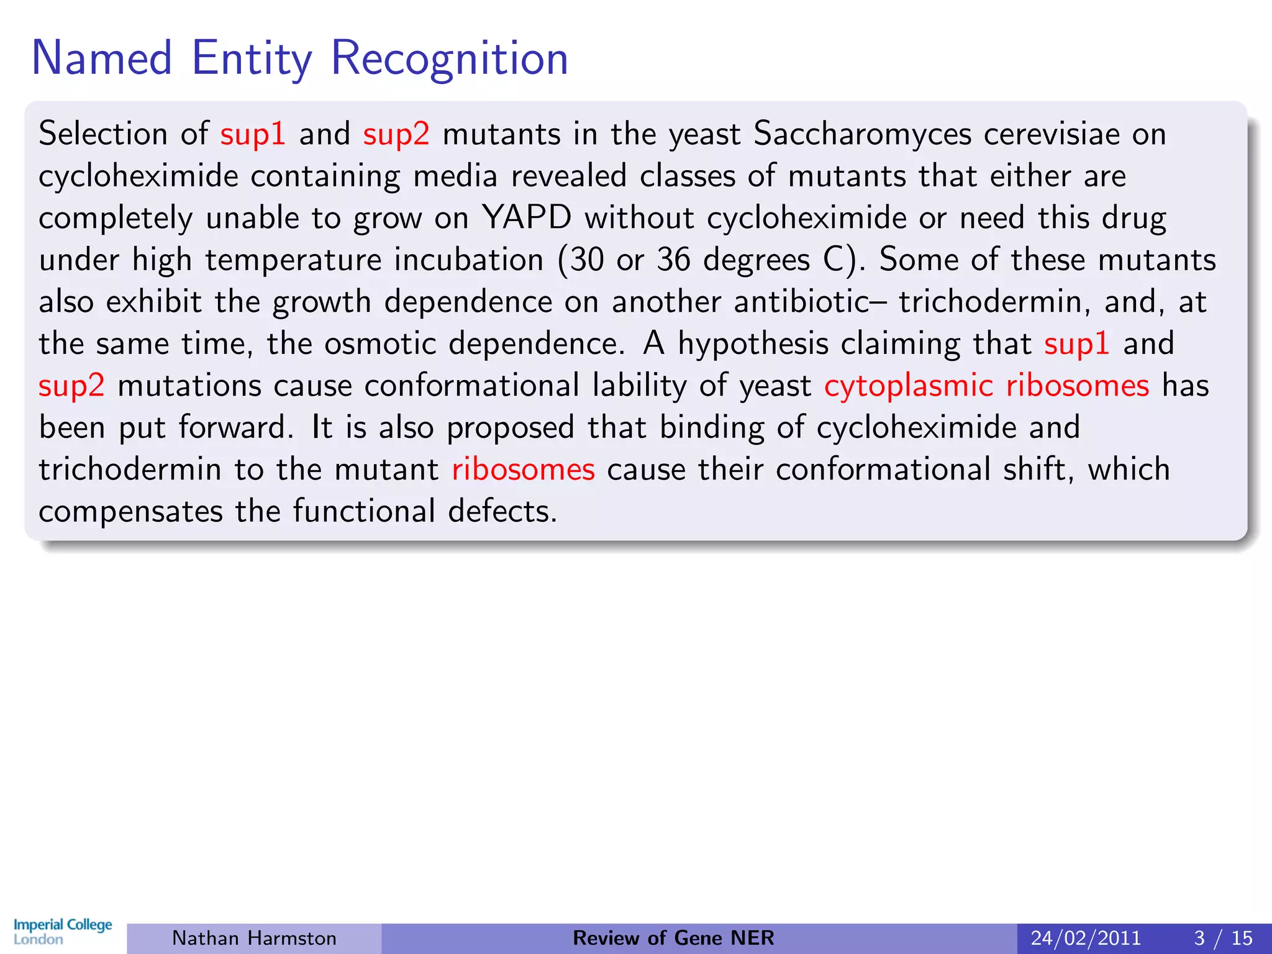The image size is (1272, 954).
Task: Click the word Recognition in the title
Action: (x=449, y=58)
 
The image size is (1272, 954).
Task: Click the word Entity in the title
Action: (x=252, y=58)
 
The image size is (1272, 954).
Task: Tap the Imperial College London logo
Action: (x=63, y=932)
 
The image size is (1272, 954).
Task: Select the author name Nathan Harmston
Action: (x=254, y=938)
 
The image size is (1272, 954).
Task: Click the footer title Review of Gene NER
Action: (x=673, y=938)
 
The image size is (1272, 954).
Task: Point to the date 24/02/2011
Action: (x=1086, y=938)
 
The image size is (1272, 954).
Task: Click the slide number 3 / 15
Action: (x=1223, y=938)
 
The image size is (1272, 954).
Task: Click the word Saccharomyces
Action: (x=862, y=134)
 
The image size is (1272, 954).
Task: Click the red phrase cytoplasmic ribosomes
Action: (x=986, y=386)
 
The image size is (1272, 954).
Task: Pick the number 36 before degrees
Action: (x=673, y=260)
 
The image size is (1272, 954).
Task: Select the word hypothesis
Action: (x=753, y=344)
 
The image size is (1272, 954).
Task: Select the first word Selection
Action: (x=103, y=134)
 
